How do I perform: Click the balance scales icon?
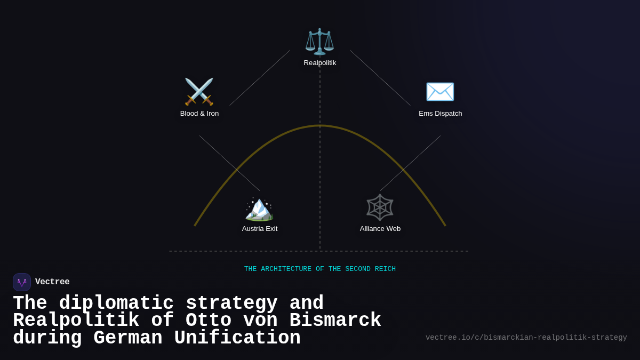[319, 42]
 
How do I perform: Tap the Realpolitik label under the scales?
[320, 63]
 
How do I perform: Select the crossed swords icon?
[199, 92]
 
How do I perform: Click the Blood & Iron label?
[199, 114]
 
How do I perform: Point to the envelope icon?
[440, 92]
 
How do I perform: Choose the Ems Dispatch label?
[441, 114]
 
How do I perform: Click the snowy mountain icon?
[259, 208]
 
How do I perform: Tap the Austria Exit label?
[260, 229]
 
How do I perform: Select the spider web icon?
[380, 207]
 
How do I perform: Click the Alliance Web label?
[380, 229]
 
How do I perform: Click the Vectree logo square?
[22, 282]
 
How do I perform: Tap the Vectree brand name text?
[52, 282]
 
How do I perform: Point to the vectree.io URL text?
[526, 338]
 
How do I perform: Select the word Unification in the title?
[237, 338]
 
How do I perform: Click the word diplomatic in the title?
[116, 303]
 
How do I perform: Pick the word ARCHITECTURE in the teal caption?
[286, 269]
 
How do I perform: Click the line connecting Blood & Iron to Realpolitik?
[260, 78]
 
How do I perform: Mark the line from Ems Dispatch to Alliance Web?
[410, 163]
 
